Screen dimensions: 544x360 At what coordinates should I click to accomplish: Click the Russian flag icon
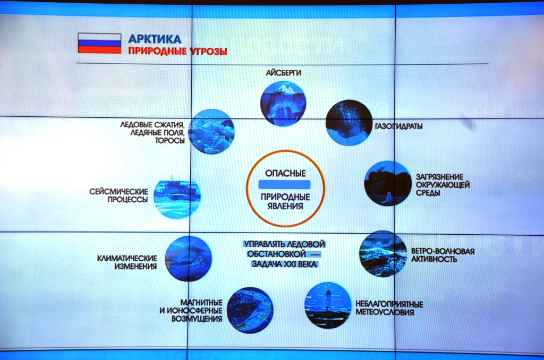tap(99, 44)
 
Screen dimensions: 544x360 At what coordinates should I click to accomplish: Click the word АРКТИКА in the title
tap(155, 39)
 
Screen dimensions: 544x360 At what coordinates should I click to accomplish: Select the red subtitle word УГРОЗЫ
tap(208, 52)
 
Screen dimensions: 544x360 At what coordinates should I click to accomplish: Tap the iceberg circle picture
tap(283, 104)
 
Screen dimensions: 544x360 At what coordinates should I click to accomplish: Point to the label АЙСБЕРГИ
tap(284, 73)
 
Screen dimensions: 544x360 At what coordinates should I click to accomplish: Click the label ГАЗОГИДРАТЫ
tap(398, 126)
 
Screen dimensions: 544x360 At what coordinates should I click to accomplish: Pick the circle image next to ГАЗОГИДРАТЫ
tap(348, 123)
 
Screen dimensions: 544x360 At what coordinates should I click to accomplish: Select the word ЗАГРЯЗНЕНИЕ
tap(439, 177)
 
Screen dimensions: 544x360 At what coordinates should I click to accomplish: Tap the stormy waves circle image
tap(382, 253)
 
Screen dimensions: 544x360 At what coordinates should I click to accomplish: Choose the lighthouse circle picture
tap(328, 305)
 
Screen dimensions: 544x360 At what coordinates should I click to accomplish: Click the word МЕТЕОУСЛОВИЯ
tap(385, 313)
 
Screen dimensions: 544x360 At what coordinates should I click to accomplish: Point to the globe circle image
tap(250, 310)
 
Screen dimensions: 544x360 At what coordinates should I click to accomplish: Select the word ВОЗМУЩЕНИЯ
tap(197, 319)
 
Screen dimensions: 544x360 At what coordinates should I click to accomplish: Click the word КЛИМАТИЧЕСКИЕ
tap(127, 259)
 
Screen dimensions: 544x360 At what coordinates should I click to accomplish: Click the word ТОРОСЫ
tap(169, 141)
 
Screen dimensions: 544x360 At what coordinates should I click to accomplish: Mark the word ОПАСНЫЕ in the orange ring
tap(285, 173)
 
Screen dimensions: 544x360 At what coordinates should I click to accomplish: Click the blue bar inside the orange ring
tap(285, 184)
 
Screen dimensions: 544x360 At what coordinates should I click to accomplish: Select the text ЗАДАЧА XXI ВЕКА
tap(284, 264)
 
